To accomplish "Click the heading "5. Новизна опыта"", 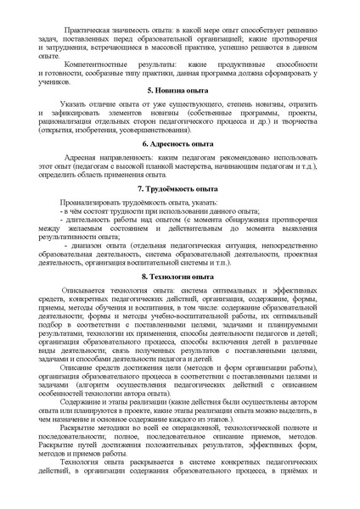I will click(x=180, y=113).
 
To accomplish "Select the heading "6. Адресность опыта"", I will click(x=180, y=169).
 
